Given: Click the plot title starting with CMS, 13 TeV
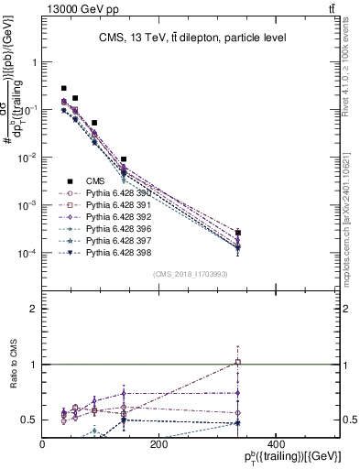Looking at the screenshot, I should pyautogui.click(x=191, y=38).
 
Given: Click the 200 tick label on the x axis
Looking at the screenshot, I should pyautogui.click(x=158, y=444).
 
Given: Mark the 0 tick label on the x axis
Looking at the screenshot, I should pyautogui.click(x=43, y=444).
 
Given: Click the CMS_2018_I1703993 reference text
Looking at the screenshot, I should pyautogui.click(x=191, y=274).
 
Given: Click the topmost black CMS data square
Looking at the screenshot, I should pyautogui.click(x=63, y=88).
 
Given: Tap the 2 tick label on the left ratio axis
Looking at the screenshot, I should pyautogui.click(x=35, y=309).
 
